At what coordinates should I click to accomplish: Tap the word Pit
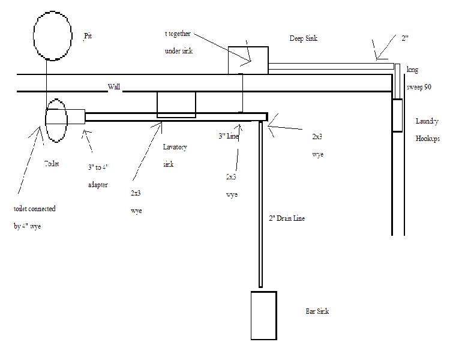(x=88, y=37)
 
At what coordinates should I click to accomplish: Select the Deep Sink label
(x=303, y=38)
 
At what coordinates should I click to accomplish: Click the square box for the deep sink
(x=247, y=59)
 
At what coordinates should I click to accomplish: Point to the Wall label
(x=114, y=87)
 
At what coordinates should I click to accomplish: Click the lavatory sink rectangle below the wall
(x=176, y=105)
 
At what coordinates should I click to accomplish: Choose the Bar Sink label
(x=317, y=311)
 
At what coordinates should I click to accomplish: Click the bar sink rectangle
(x=263, y=314)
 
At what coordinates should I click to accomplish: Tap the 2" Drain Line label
(x=286, y=218)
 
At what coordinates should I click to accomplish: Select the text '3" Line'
(x=229, y=137)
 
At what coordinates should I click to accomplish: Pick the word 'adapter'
(x=97, y=185)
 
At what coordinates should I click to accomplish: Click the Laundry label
(x=427, y=122)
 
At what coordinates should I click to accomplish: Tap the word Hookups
(x=428, y=139)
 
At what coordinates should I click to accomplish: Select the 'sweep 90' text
(x=419, y=87)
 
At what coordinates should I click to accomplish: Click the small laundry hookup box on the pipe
(x=397, y=116)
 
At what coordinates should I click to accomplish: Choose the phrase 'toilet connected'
(x=34, y=209)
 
